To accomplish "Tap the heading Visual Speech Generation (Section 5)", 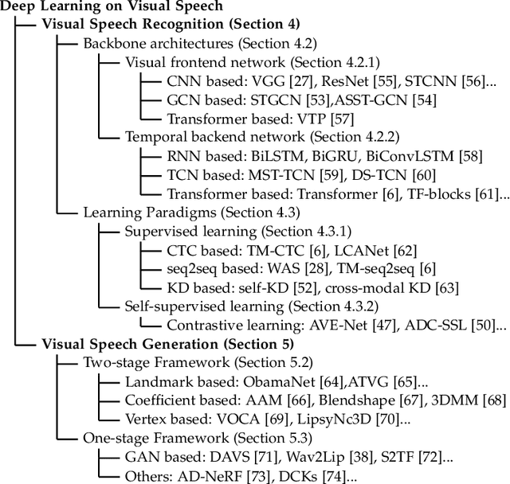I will click(x=167, y=344).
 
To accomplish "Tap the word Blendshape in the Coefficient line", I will click(x=362, y=400).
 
